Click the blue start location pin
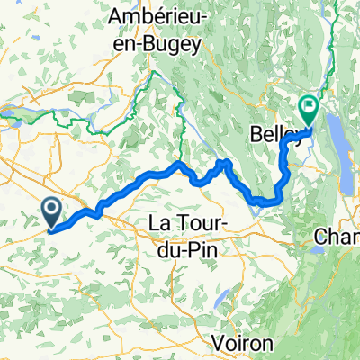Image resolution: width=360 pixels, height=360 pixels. tap(51, 212)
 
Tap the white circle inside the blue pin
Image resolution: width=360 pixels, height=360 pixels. tap(51, 209)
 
